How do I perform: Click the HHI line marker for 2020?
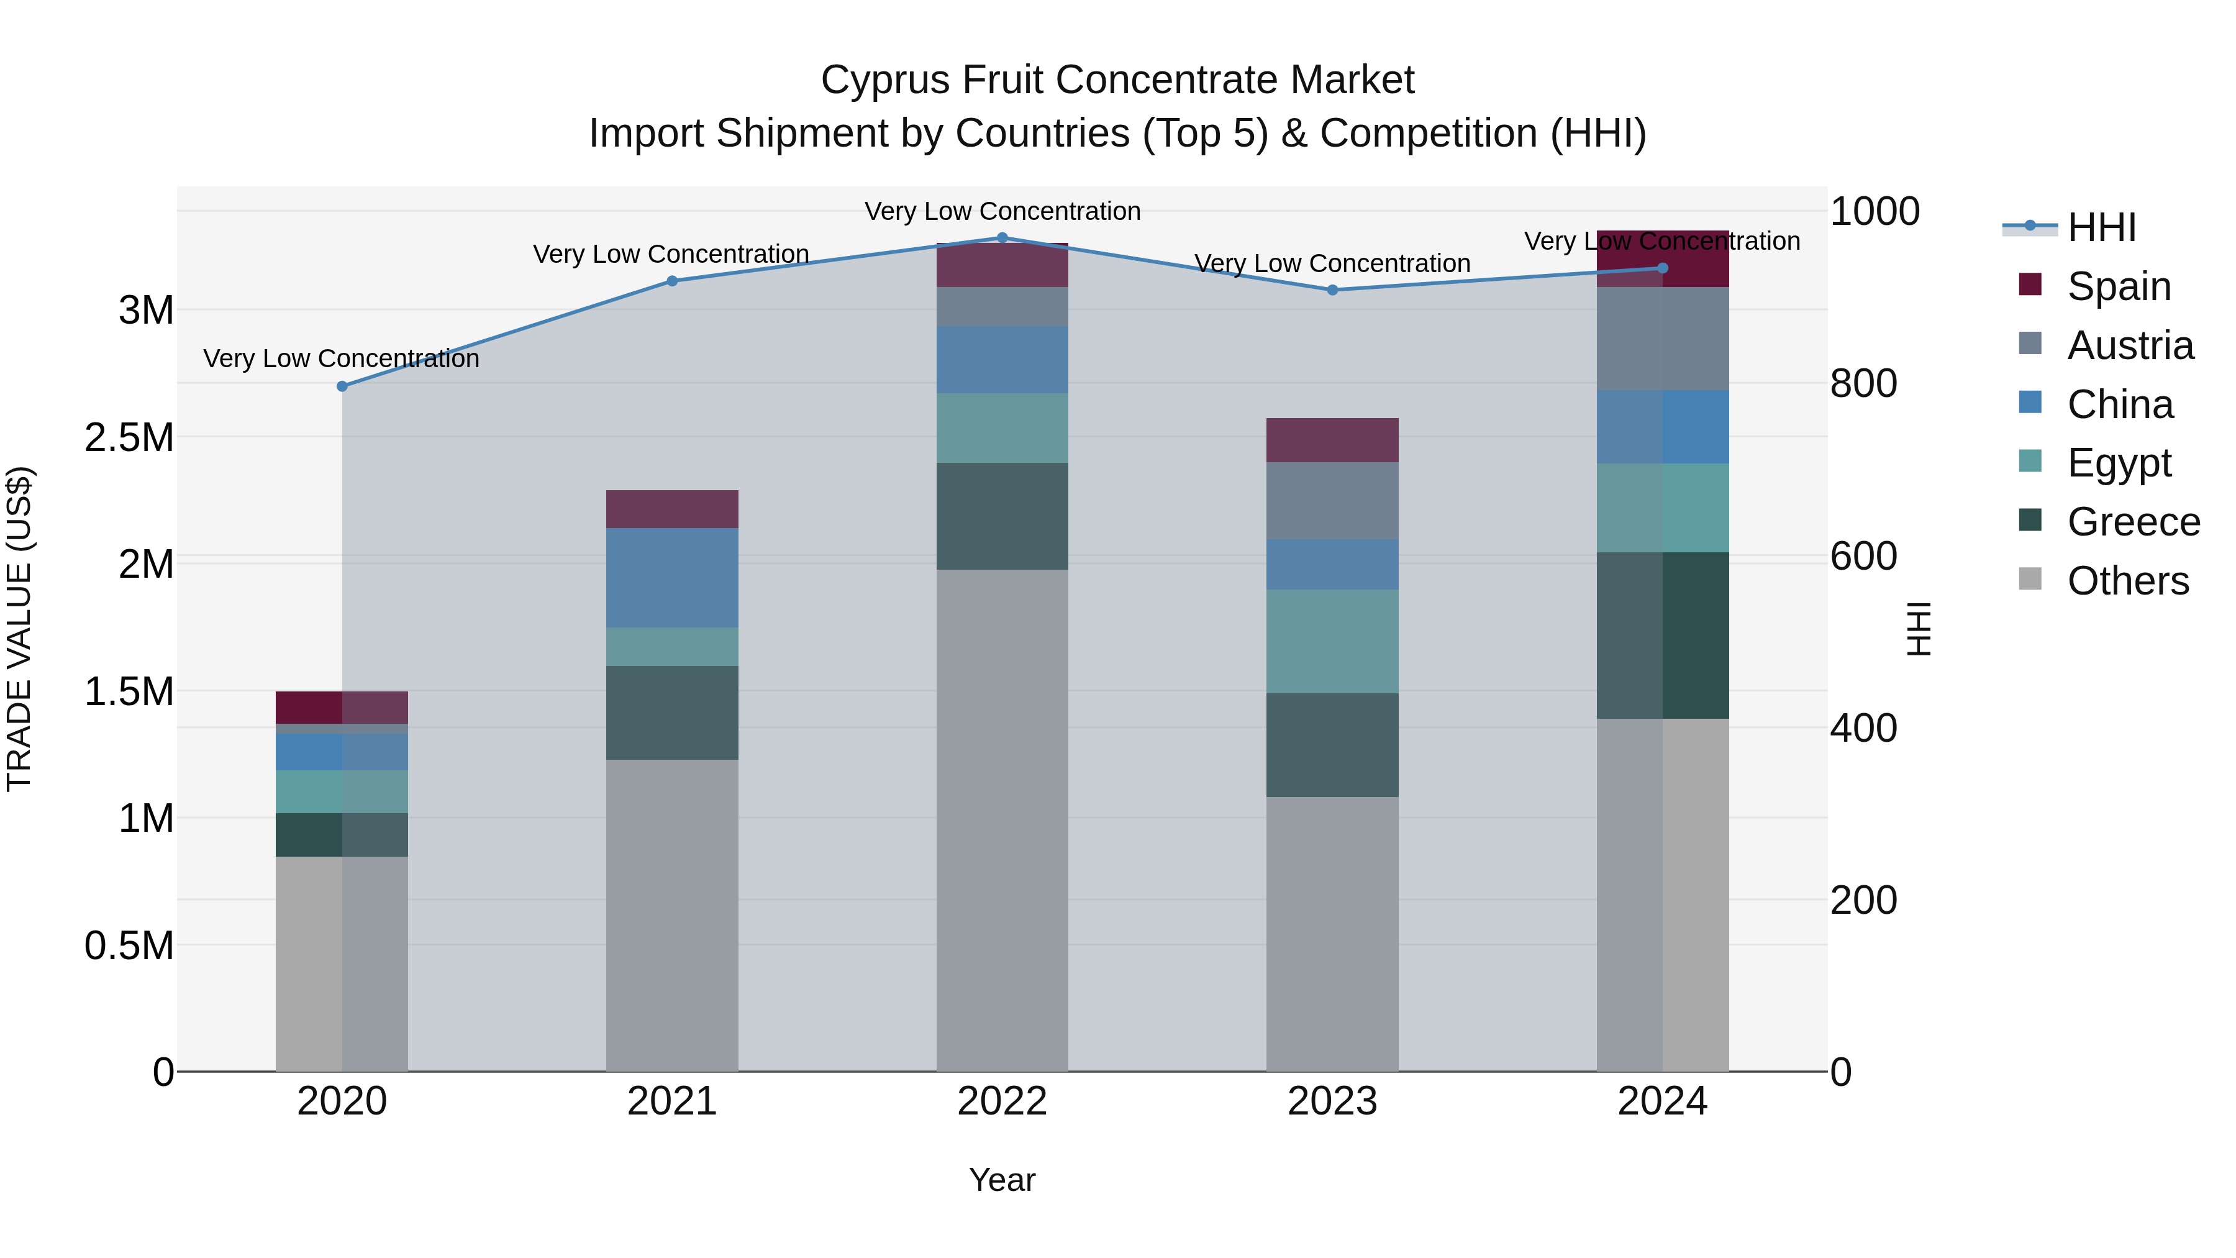[342, 386]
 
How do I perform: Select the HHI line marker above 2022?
[1002, 238]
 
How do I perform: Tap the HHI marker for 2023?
[1332, 290]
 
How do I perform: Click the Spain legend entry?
[2118, 286]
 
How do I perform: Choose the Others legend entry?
[2127, 581]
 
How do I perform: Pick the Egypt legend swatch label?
[2118, 463]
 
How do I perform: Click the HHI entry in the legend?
[2101, 227]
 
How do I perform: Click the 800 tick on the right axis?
[1863, 384]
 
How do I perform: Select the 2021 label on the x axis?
[672, 1101]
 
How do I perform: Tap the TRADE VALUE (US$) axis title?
[19, 629]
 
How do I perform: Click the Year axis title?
[1002, 1180]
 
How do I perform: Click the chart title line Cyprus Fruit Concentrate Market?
[1117, 80]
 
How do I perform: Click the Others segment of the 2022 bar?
[1002, 821]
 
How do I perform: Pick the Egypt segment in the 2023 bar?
[1332, 642]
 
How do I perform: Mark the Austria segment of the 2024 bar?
[1662, 339]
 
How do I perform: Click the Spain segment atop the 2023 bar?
[1332, 440]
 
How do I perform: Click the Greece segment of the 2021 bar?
[672, 713]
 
